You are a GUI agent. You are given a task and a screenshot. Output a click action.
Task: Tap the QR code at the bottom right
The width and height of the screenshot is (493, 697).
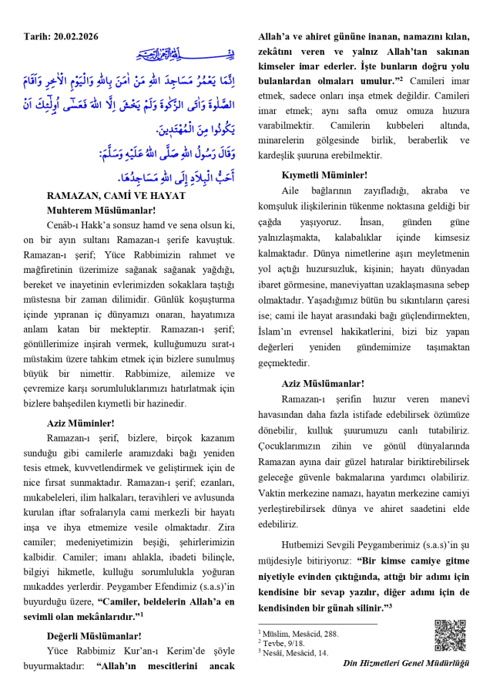[x=451, y=635]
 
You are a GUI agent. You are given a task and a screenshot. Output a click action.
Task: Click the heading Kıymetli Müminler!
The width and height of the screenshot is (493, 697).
[x=324, y=175]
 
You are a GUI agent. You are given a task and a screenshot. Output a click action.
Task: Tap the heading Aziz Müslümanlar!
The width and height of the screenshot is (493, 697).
[x=324, y=383]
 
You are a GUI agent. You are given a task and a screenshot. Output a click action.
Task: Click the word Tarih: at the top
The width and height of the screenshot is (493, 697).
[x=37, y=36]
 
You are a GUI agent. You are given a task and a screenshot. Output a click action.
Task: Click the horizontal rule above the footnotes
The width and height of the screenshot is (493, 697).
[x=317, y=623]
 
